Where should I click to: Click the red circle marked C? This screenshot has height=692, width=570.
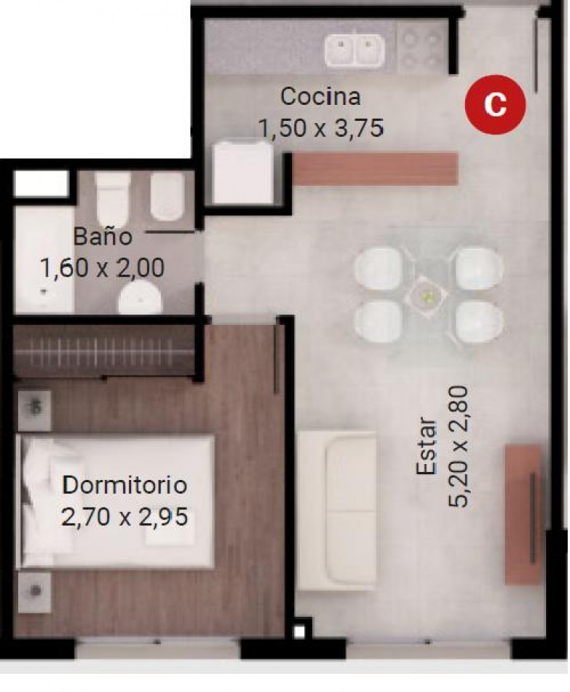coord(495,104)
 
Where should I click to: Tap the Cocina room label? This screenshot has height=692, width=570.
coord(320,97)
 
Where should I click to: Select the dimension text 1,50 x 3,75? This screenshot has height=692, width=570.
coord(321,128)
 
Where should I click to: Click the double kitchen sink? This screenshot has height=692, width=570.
coord(355,50)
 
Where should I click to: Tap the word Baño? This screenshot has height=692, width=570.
coord(103,236)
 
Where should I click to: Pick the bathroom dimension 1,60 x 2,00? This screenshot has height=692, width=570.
coord(103,268)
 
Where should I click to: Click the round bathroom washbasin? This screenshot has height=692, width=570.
coord(140,296)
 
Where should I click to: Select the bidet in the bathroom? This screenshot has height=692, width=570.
coord(167,197)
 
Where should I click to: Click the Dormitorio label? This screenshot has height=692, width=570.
coord(125,485)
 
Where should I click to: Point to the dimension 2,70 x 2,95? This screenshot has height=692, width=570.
coord(125,516)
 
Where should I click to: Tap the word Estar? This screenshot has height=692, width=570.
coord(427,446)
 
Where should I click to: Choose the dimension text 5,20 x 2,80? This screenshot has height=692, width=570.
coord(458,447)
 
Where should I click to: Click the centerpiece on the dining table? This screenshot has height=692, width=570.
coord(426,296)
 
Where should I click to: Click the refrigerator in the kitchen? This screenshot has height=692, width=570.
coord(242,173)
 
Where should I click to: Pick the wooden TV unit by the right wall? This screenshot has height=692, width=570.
coord(523,514)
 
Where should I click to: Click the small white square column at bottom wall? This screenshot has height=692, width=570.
coord(299,632)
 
